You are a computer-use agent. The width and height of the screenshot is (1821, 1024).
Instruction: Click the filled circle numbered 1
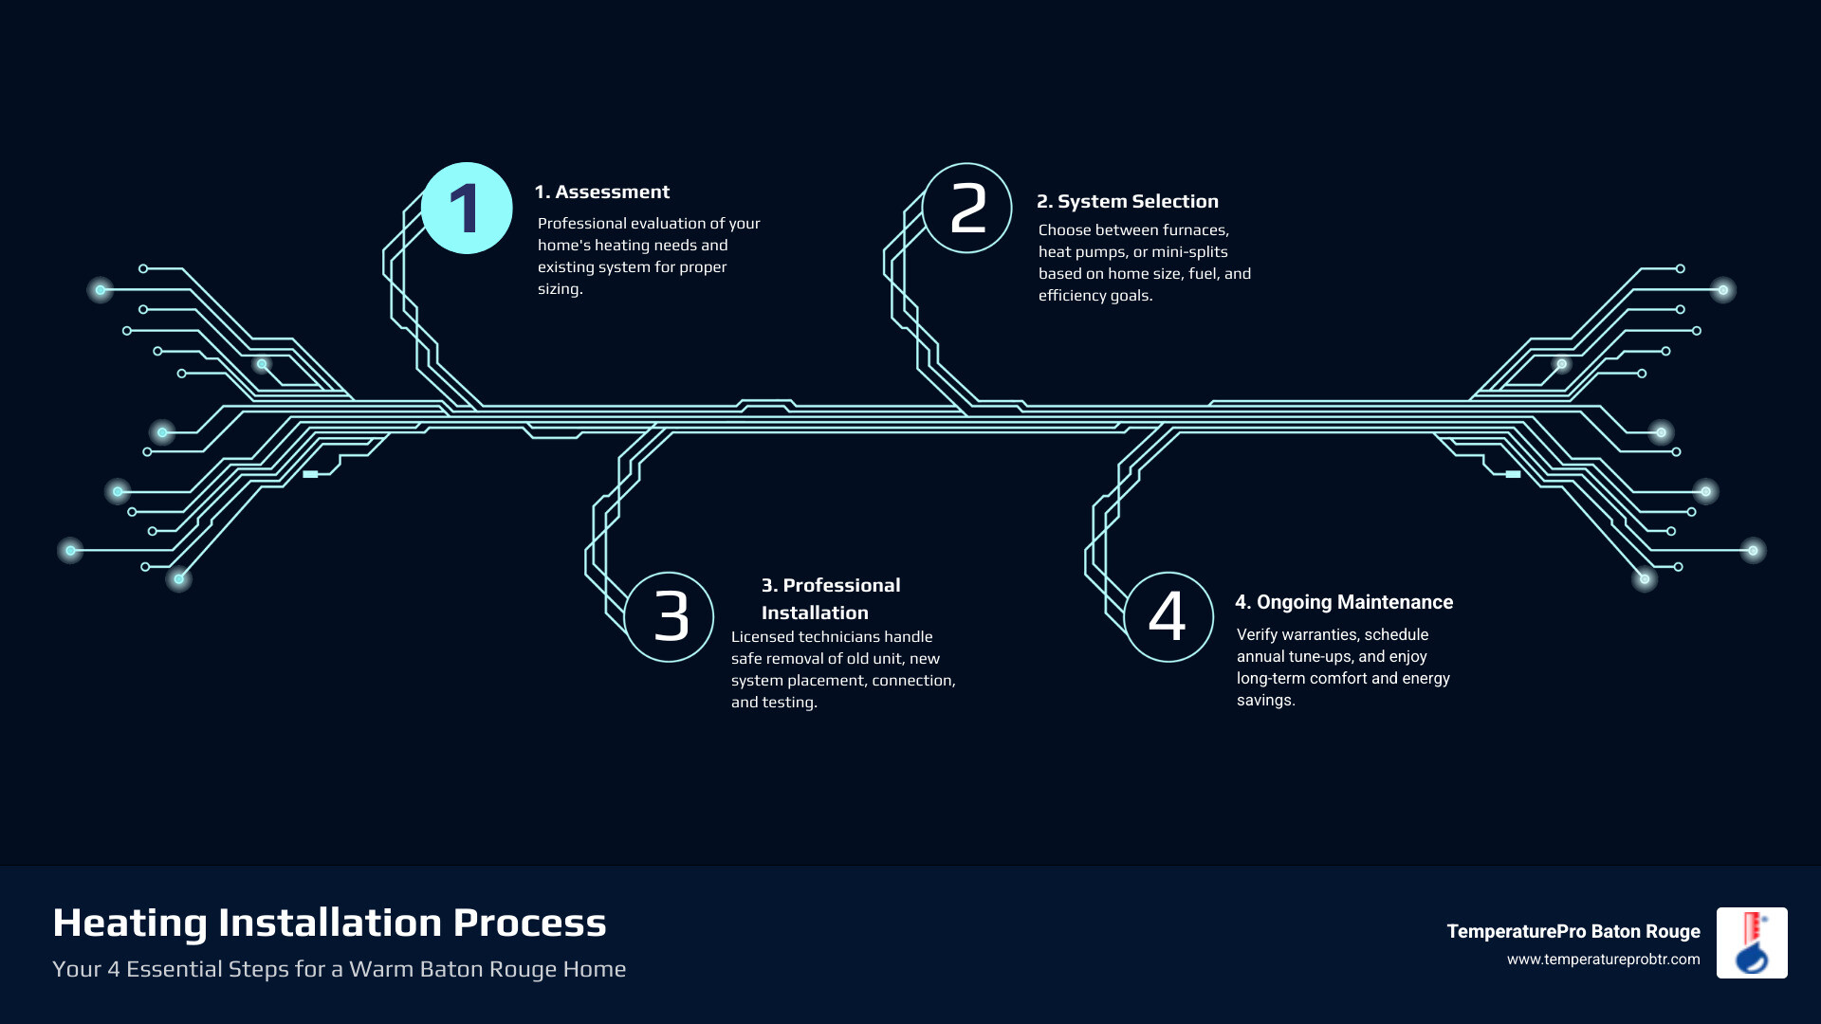tap(467, 209)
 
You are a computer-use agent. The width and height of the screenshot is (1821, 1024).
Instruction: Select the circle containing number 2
tap(967, 209)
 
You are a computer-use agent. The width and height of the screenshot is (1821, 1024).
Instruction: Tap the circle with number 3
tap(670, 616)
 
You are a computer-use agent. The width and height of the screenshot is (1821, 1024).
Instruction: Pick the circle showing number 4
tap(1168, 616)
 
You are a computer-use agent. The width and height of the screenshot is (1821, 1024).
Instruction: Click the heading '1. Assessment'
tap(601, 192)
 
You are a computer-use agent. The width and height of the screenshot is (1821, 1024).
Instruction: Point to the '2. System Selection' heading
tap(1127, 202)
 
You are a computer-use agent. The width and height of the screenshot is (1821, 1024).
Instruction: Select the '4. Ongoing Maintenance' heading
tap(1343, 603)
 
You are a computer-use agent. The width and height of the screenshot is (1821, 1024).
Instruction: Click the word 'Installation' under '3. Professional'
tap(815, 613)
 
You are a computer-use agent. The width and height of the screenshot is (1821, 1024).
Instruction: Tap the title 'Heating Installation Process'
tap(329, 923)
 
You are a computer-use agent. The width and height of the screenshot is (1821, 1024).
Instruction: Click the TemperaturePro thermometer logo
tap(1752, 942)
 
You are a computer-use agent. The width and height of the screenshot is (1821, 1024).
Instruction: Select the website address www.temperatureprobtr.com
tap(1603, 960)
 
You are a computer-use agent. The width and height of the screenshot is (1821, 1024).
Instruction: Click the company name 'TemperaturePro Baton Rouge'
tap(1573, 932)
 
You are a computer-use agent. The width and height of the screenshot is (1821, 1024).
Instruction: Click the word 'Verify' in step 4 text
tap(1257, 635)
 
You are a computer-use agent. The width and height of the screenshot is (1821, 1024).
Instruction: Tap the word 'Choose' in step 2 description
tap(1064, 230)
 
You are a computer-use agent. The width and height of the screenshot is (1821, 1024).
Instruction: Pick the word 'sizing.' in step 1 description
tap(560, 289)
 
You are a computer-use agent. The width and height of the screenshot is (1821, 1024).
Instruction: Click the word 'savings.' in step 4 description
tap(1265, 701)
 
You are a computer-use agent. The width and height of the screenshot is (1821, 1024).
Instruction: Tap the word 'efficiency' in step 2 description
tap(1072, 296)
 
